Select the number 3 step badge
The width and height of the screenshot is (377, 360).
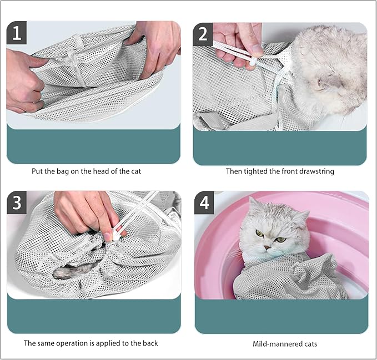click(x=17, y=203)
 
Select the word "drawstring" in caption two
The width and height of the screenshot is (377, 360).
click(x=316, y=171)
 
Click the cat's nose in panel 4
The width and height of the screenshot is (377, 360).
click(x=267, y=246)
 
